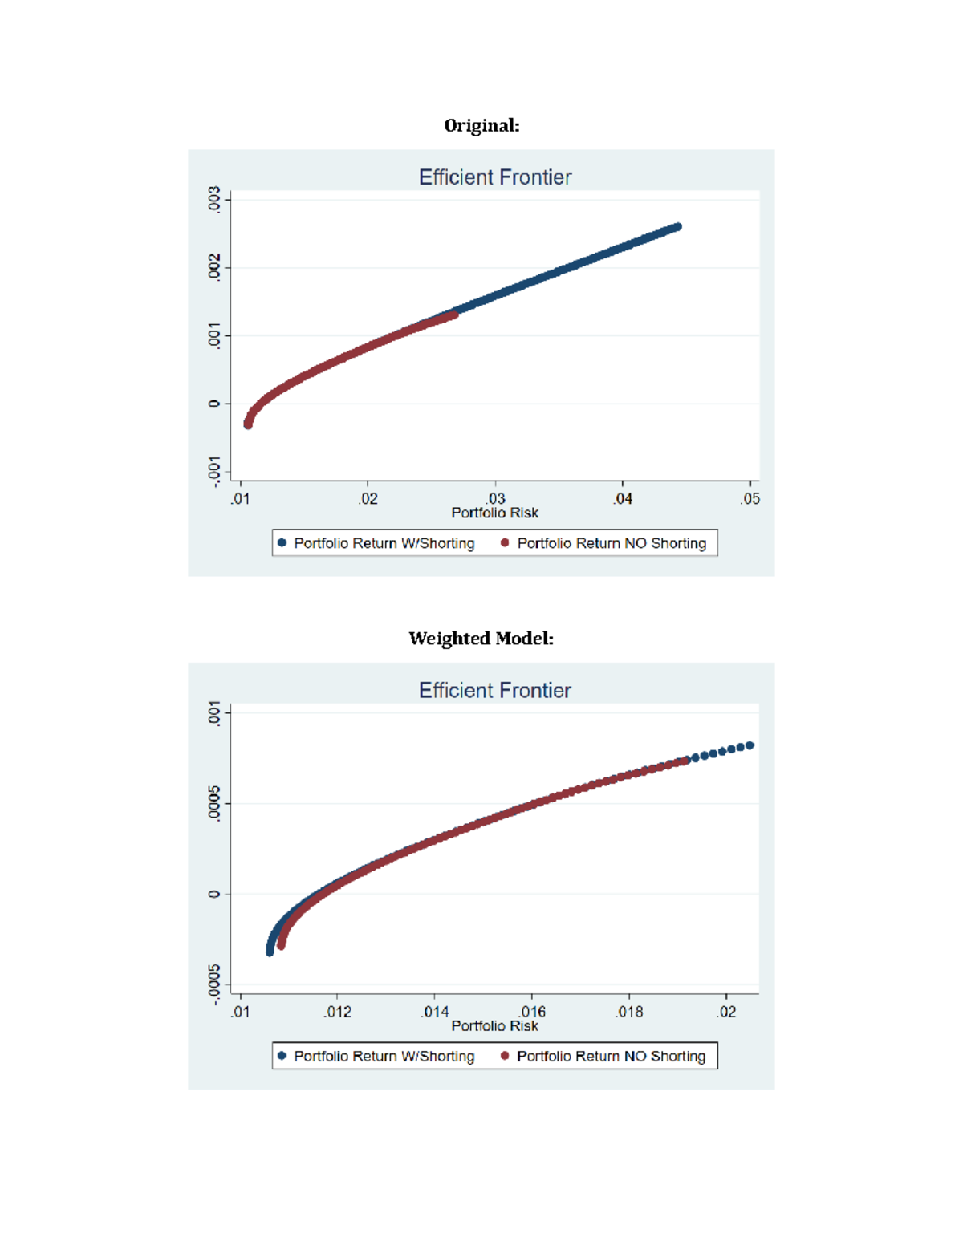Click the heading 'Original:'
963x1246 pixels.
[481, 126]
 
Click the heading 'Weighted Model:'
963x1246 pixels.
[481, 639]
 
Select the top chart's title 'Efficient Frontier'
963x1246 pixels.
[494, 177]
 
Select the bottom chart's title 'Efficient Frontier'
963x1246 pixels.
[494, 691]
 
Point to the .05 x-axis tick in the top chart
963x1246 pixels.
[750, 499]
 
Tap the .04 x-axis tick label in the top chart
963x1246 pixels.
[623, 499]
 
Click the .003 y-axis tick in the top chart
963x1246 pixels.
[214, 199]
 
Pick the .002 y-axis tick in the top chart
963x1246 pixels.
[214, 267]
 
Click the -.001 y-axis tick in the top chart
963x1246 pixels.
[214, 471]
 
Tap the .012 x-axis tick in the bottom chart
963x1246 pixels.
[338, 1013]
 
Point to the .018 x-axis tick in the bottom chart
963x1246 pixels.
[629, 1013]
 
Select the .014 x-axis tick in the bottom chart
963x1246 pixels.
[435, 1013]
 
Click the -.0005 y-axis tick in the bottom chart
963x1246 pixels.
[214, 984]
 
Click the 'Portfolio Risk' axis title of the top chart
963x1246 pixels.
[494, 513]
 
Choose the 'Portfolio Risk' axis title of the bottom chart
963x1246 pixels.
[494, 1026]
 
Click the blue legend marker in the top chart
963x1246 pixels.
[282, 543]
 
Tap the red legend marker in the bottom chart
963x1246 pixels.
[505, 1056]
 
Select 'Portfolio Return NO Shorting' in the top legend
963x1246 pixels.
[612, 543]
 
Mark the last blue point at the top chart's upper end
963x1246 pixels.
[678, 227]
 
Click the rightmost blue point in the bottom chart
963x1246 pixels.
[750, 745]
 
